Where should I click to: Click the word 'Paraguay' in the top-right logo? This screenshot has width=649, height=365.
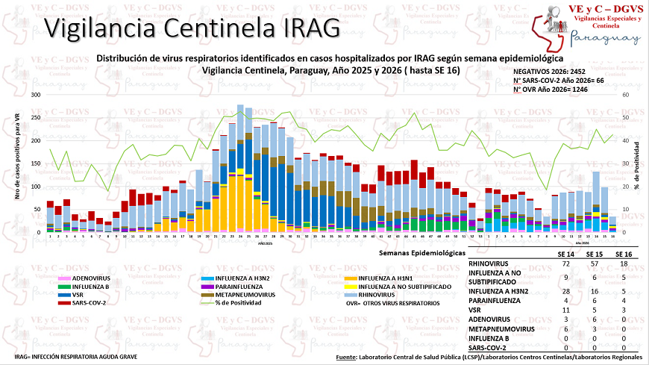(605, 39)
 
